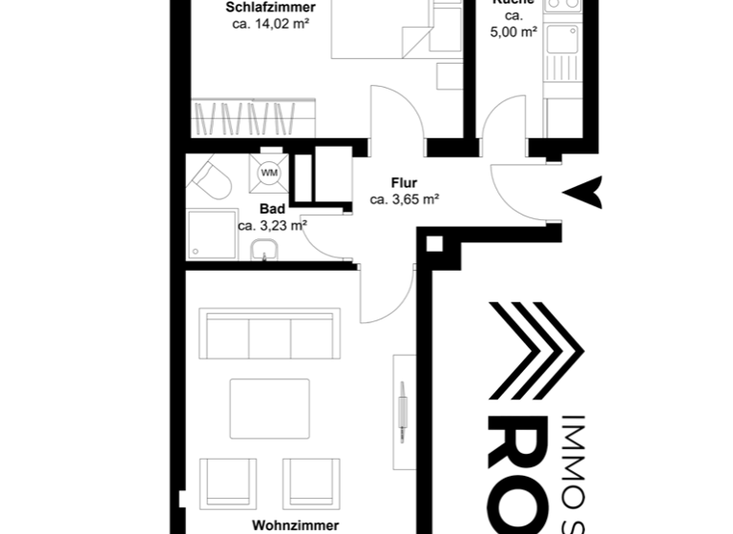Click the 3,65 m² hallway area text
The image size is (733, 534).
[404, 200]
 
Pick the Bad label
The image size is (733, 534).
[272, 209]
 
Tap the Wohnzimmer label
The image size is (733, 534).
[295, 524]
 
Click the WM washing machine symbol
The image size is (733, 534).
[269, 173]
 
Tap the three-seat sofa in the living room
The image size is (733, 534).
[269, 334]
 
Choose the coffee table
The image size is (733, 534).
[269, 409]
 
